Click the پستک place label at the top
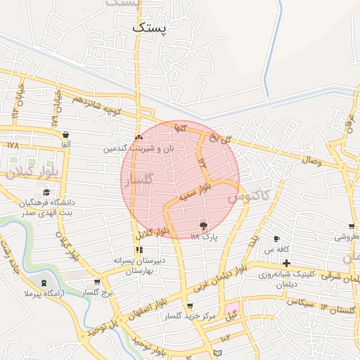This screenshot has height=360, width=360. (150, 28)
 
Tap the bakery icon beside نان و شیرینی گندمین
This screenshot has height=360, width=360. (139, 137)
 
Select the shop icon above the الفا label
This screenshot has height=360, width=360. (65, 134)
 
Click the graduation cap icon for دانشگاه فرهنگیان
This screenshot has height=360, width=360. (47, 192)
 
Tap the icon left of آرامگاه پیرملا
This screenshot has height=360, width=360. (45, 283)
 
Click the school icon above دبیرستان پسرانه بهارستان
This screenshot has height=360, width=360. (139, 250)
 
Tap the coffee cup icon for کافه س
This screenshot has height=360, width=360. (276, 239)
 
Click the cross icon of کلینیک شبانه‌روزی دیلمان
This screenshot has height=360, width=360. (286, 263)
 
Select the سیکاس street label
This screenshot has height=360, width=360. (300, 301)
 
